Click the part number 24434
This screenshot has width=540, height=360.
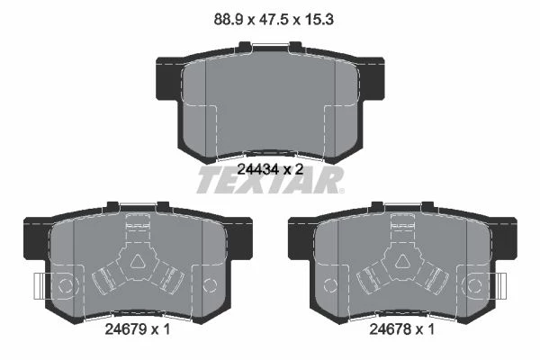click(x=257, y=169)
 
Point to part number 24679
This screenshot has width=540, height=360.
click(x=125, y=329)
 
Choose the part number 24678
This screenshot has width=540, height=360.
click(x=390, y=329)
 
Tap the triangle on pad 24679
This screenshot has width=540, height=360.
click(x=138, y=262)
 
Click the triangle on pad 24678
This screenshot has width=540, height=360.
click(x=402, y=262)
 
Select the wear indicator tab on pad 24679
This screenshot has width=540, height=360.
click(x=40, y=285)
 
